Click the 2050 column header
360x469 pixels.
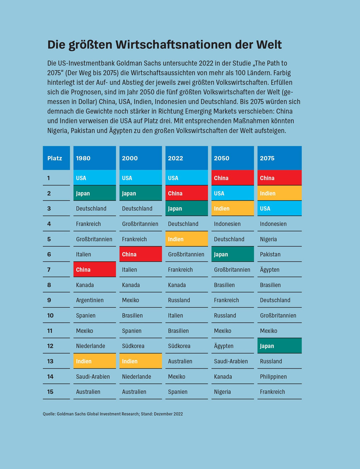(x=232, y=158)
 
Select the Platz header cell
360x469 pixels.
(x=56, y=158)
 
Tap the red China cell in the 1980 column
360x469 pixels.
(x=94, y=269)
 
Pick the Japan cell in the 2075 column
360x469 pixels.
(x=279, y=346)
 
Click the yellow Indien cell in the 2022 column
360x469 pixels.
(x=186, y=239)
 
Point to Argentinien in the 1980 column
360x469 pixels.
(x=90, y=300)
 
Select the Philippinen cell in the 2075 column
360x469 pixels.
(x=273, y=376)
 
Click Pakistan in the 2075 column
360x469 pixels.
(x=270, y=254)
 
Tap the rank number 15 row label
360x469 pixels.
(x=50, y=392)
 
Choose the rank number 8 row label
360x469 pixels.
(x=49, y=285)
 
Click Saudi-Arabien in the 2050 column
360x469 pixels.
(x=231, y=361)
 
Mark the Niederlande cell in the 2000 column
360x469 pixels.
(x=136, y=376)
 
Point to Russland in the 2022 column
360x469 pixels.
(x=179, y=300)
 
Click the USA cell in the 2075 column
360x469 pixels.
(x=279, y=208)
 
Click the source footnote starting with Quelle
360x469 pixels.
(x=113, y=414)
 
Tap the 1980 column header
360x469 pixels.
(x=94, y=158)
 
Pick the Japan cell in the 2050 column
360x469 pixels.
(x=232, y=254)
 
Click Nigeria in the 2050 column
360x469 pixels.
(x=222, y=392)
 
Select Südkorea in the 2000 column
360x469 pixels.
(x=133, y=346)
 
